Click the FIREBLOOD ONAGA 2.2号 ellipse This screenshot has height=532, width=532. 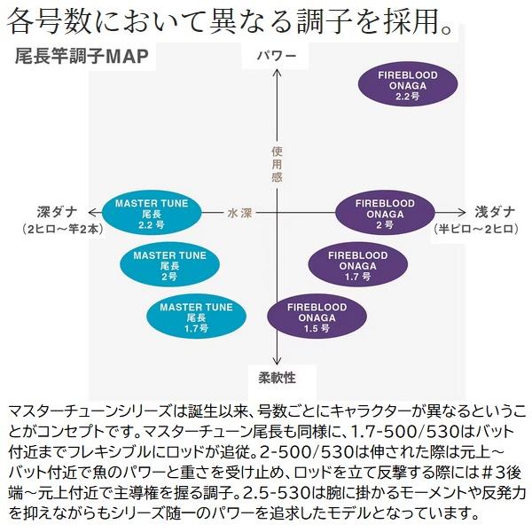tap(408, 84)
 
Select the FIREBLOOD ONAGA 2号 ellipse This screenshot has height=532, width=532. tap(385, 213)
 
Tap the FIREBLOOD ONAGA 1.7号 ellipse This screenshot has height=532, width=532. tap(358, 264)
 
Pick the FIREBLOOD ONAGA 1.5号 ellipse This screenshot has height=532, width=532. tap(317, 317)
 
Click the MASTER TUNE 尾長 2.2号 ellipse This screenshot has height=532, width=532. tap(152, 213)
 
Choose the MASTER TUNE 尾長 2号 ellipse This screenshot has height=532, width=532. tap(169, 264)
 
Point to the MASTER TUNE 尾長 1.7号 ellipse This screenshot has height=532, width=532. tap(197, 317)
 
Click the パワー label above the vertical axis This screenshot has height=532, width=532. tap(277, 56)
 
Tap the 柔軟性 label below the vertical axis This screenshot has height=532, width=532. tap(278, 378)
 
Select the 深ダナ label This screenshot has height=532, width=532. tap(57, 213)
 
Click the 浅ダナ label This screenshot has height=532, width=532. tap(495, 213)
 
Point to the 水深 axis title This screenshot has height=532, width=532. tap(240, 213)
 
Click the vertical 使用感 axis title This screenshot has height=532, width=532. tap(278, 164)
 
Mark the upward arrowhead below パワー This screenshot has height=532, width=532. tap(278, 72)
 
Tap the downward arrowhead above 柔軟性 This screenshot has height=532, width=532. tap(278, 362)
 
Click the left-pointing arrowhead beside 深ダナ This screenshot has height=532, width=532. tap(91, 213)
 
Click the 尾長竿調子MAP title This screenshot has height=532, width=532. tap(82, 56)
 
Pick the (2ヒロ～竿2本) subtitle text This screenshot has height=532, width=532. tap(63, 229)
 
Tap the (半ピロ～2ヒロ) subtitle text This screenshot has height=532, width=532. tap(475, 229)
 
